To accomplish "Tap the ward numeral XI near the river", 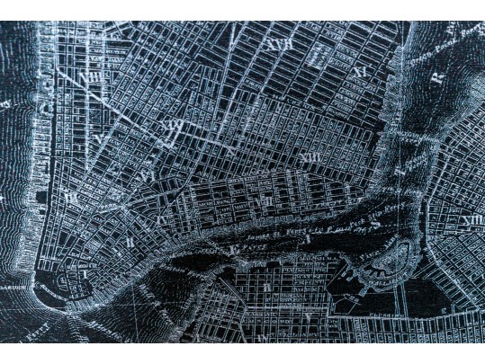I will click(x=359, y=71).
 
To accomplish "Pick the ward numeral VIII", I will click(x=90, y=77).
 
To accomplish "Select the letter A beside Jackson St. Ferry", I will click(x=307, y=238).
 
